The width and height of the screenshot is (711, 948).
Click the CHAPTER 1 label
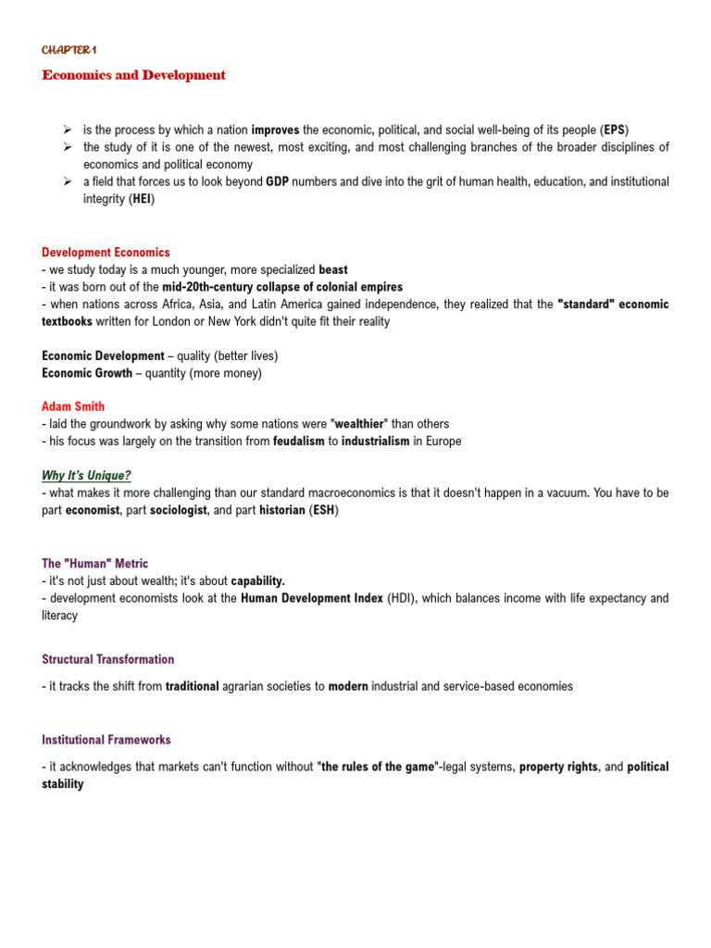[69, 49]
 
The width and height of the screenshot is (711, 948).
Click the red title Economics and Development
[133, 75]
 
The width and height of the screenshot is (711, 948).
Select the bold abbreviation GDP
[277, 182]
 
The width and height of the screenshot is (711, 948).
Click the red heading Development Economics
[106, 252]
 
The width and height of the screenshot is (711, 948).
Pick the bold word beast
[333, 269]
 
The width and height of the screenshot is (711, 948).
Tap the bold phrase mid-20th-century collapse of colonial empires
[282, 287]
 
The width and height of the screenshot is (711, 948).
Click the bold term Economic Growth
[87, 373]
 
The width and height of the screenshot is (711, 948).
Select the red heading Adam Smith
[73, 406]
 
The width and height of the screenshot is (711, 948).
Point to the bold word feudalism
[298, 441]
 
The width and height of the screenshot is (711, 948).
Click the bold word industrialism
[375, 441]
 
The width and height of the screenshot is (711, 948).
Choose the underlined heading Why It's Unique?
[86, 475]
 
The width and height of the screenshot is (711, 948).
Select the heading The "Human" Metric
[94, 563]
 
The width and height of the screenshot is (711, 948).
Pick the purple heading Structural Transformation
[107, 659]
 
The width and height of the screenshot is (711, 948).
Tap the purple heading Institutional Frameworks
[106, 740]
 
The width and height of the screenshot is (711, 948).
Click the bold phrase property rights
[558, 767]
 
